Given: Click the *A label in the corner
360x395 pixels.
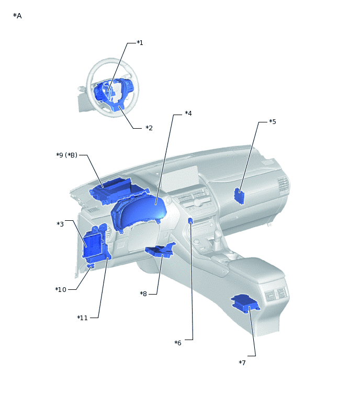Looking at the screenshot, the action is [17, 16].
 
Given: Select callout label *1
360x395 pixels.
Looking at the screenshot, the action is [140, 43].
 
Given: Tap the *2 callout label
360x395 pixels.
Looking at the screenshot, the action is [149, 128].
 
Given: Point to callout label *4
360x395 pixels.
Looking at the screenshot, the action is [188, 114].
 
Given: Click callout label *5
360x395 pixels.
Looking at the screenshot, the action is [273, 122].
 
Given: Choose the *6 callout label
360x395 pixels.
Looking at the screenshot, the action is [178, 343].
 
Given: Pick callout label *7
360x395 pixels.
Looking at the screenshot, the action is [242, 363].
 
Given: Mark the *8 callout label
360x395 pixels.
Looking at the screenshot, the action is [143, 294].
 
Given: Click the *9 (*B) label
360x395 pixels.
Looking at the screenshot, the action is [67, 155].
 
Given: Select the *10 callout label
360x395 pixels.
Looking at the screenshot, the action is [61, 289].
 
